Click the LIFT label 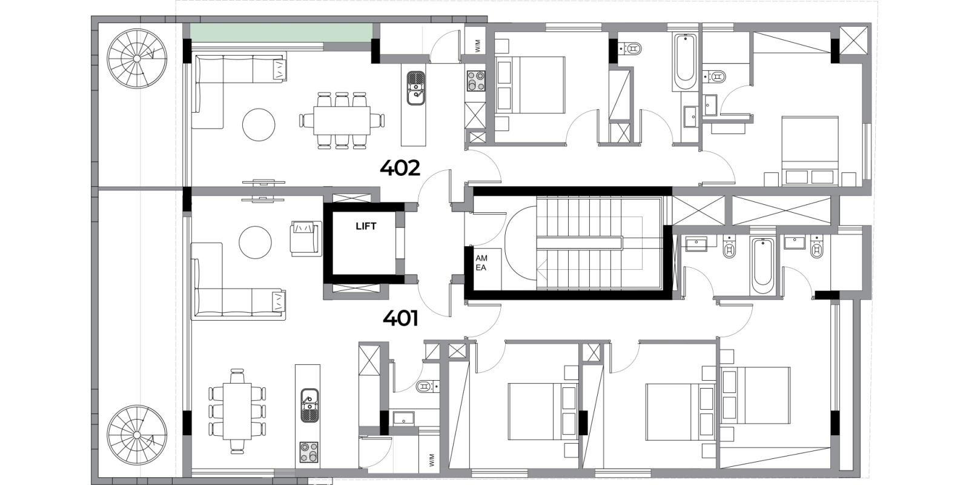coord(366,226)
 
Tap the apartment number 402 coord(400,168)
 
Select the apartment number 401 coord(400,319)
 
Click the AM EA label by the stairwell coord(481,263)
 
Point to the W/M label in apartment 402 coord(478,46)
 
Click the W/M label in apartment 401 coord(432,460)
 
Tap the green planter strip coord(281,33)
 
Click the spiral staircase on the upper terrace coord(137,58)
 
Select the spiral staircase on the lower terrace coord(137,435)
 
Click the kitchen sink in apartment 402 coord(416,89)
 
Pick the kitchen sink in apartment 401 coord(309,406)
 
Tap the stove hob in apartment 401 coord(309,452)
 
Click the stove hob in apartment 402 coord(476,81)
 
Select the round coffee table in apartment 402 coord(259,125)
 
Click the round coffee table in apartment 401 coord(255,242)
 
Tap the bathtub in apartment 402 coord(685,63)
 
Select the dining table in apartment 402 coord(342,121)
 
